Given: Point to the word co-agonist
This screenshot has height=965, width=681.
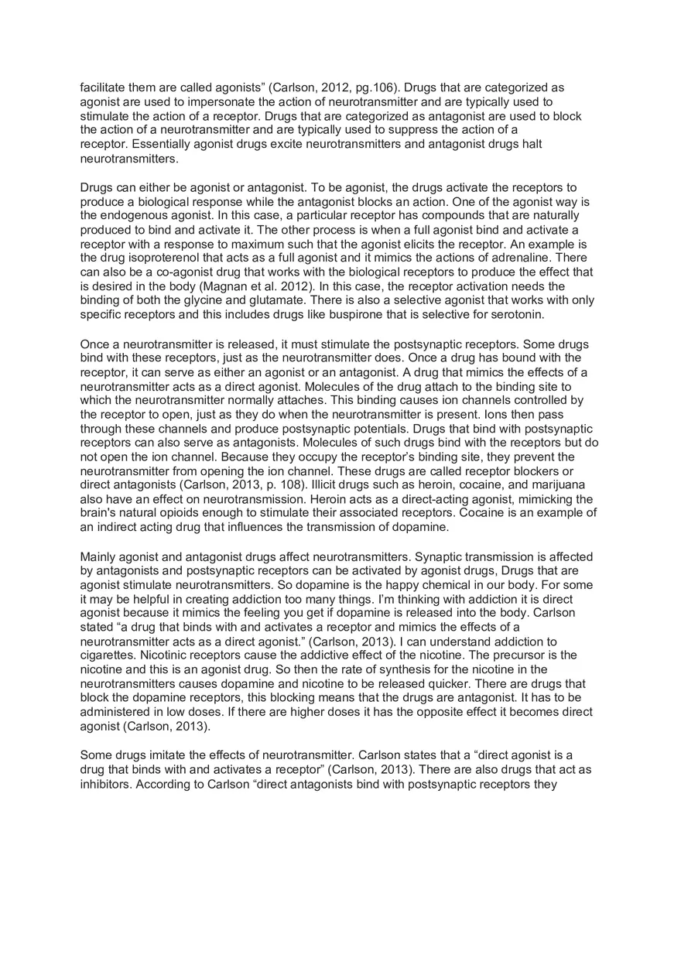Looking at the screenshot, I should coord(161,272).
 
